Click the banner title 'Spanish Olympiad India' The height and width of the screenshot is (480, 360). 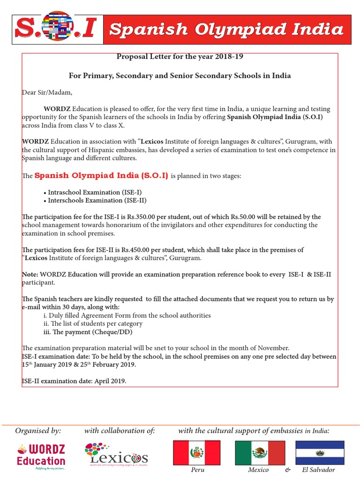pyautogui.click(x=226, y=30)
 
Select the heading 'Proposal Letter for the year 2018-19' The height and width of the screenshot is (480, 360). pyautogui.click(x=180, y=57)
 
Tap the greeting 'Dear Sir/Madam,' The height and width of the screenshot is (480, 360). pyautogui.click(x=47, y=92)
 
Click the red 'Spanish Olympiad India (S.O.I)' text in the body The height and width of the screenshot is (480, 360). pyautogui.click(x=101, y=176)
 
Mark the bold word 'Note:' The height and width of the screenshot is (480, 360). pyautogui.click(x=30, y=274)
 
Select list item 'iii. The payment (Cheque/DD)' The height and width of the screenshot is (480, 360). pyautogui.click(x=87, y=332)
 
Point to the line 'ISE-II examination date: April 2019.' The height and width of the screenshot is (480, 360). pyautogui.click(x=74, y=381)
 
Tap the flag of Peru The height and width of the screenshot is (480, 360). pyautogui.click(x=197, y=452)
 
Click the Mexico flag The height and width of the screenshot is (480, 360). pyautogui.click(x=259, y=452)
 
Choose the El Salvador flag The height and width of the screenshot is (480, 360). pyautogui.click(x=320, y=452)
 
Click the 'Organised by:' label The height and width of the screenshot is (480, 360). pyautogui.click(x=38, y=430)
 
